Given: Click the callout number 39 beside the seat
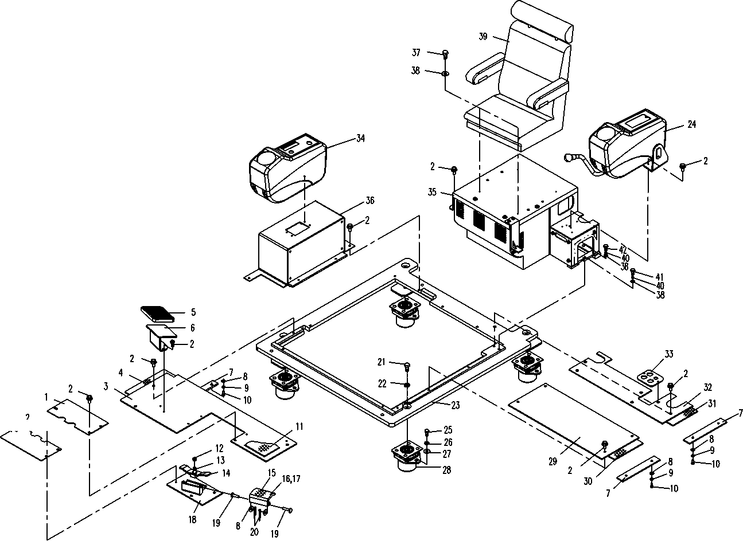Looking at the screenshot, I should (483, 36).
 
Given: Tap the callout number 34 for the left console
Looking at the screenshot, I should (360, 138).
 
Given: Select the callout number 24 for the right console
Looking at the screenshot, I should (691, 124).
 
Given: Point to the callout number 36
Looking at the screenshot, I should (369, 201).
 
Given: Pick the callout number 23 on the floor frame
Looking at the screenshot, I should (455, 405).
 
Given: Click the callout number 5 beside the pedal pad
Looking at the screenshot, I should (193, 313).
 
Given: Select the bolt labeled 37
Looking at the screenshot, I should (445, 54).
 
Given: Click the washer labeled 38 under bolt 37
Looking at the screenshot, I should (445, 73).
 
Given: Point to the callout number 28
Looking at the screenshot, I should (446, 471).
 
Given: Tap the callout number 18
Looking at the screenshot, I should (192, 520).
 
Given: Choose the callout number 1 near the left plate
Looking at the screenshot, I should (45, 397).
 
